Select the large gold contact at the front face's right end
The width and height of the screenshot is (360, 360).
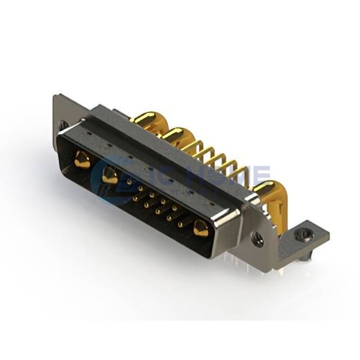200,228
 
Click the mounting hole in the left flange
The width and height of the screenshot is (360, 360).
64,125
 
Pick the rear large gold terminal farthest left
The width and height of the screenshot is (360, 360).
145,119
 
